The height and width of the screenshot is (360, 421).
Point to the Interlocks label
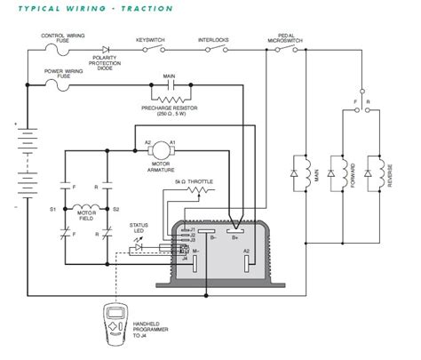[213, 40]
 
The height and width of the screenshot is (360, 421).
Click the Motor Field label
[87, 214]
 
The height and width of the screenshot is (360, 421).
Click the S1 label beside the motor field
[53, 209]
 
